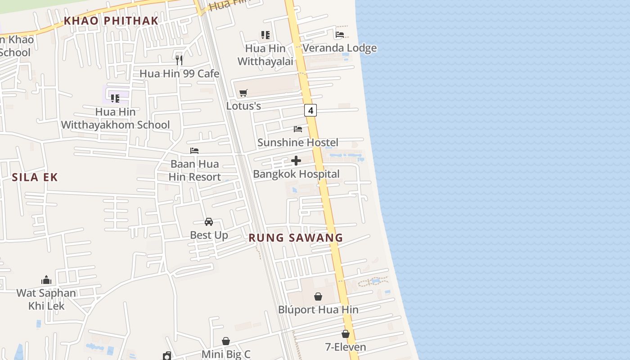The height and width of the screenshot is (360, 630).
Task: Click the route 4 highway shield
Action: coord(310,110)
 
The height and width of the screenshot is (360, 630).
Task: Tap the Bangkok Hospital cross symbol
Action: coord(296,161)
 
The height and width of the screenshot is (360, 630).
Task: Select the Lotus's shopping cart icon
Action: coord(243,93)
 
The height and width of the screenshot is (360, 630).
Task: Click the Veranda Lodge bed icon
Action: coord(340,35)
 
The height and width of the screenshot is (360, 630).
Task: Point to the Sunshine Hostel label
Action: coord(297,143)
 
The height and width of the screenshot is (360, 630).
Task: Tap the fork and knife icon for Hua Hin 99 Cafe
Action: coord(179,60)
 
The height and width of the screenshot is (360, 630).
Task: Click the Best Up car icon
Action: coord(209,222)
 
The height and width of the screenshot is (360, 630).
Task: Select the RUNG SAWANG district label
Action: coord(296,238)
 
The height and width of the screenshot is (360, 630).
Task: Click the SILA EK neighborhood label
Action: coord(35,177)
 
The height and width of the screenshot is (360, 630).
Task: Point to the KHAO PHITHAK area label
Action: coord(111,21)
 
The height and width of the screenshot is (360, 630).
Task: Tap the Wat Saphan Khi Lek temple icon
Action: coord(46,280)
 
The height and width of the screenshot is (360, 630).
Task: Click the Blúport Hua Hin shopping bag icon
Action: coord(318,297)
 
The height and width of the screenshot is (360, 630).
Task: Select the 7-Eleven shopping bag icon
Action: coord(346,334)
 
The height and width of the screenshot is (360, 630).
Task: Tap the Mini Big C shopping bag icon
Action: coord(226,342)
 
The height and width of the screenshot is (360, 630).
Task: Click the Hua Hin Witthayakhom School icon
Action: coord(115,98)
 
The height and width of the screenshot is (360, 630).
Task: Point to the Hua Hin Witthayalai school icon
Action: coord(265,35)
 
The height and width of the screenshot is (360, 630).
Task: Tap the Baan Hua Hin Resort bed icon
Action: coord(194,151)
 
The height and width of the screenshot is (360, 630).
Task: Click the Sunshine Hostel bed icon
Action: coord(298,129)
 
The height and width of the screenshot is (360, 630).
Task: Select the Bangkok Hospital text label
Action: coord(296,174)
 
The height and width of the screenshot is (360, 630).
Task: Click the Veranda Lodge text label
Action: coord(339,48)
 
